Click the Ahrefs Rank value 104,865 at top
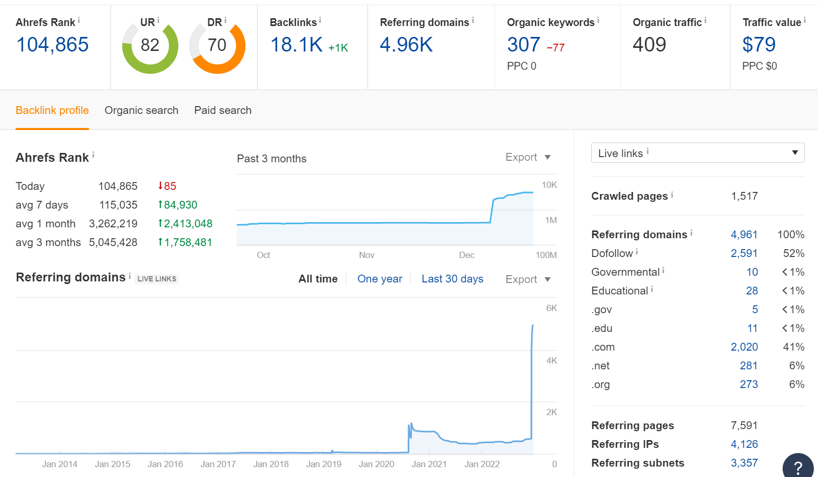tap(53, 45)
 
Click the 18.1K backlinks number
tap(296, 45)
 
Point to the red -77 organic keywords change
tap(555, 47)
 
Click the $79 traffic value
tap(759, 45)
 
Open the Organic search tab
tap(141, 110)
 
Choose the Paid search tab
tap(223, 110)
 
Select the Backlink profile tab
tap(52, 110)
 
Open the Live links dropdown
tap(698, 152)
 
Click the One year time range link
tap(380, 279)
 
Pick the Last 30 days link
tap(452, 279)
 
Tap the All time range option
tap(318, 279)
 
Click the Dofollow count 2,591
tap(744, 253)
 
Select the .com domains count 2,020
tap(744, 347)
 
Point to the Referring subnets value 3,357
tap(744, 463)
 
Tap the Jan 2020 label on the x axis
tap(376, 464)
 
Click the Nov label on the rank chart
tap(367, 255)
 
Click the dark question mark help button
tap(798, 467)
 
